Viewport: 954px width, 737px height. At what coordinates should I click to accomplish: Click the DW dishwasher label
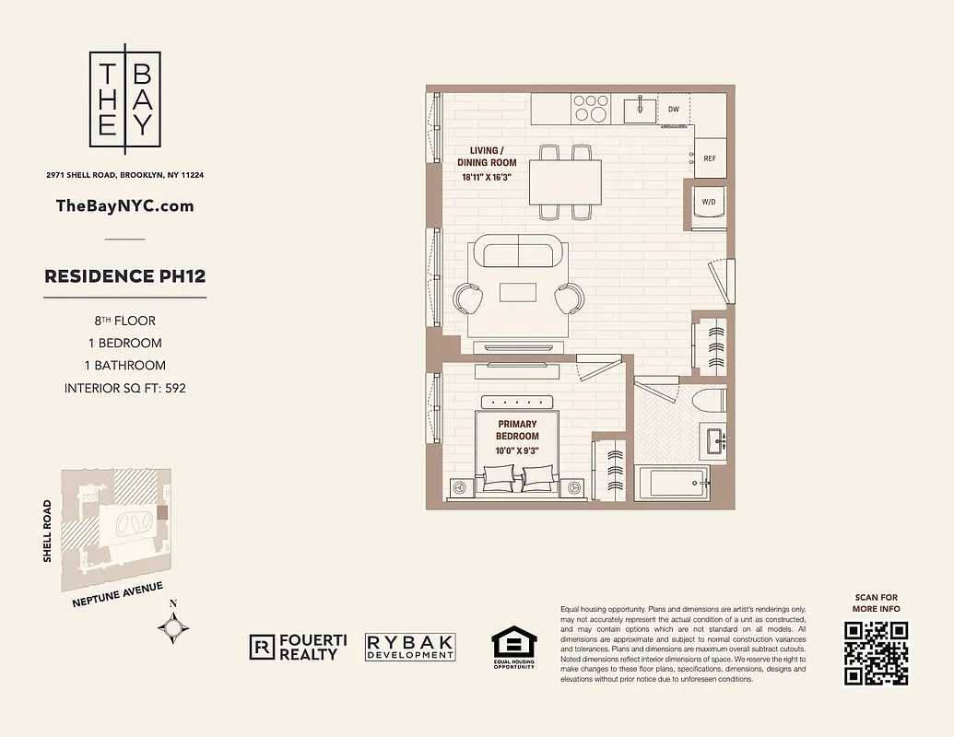pos(674,110)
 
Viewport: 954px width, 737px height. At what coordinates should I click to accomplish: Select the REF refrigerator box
pos(709,158)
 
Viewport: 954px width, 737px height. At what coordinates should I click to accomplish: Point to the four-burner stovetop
pos(590,109)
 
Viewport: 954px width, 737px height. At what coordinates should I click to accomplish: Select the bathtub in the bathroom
pos(671,483)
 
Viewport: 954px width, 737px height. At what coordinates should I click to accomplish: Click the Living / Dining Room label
pos(487,156)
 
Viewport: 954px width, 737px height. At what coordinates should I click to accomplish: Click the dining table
pos(565,182)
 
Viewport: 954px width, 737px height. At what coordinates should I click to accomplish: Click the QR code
pos(876,653)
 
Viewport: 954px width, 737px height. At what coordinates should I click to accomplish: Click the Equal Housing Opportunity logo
pos(512,648)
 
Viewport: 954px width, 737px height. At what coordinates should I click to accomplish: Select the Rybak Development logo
pos(410,647)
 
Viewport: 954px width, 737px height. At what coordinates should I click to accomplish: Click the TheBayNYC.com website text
pos(125,205)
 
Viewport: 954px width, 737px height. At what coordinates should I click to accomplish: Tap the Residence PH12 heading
pos(125,276)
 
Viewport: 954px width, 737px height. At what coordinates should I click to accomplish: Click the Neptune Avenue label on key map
pos(117,596)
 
